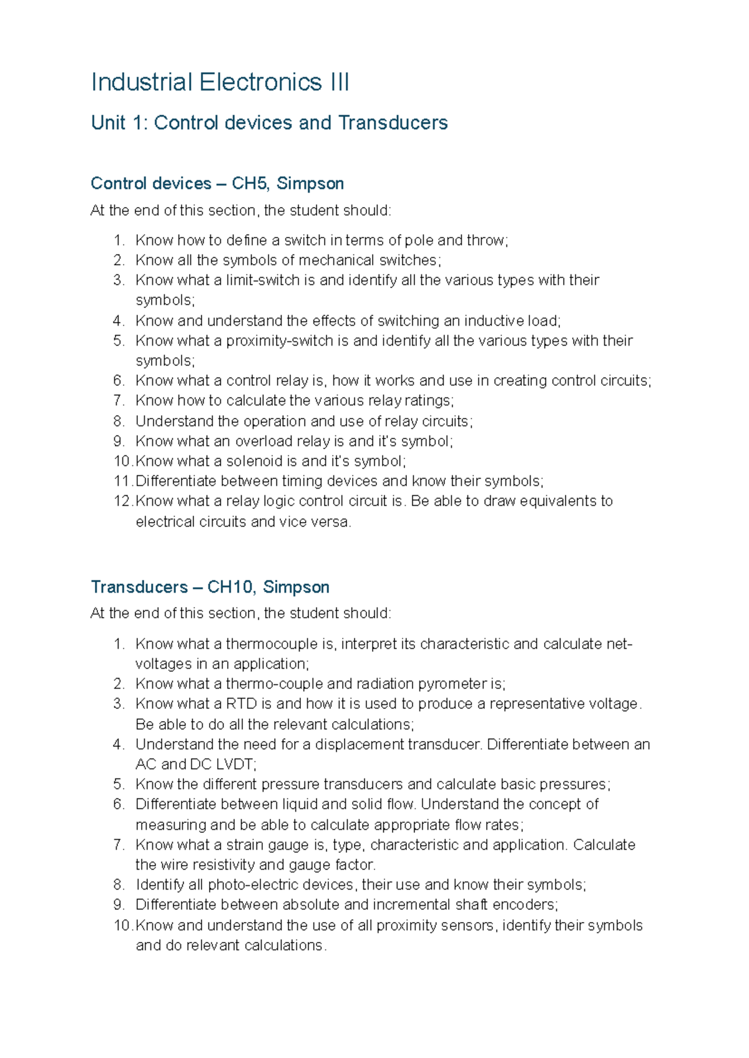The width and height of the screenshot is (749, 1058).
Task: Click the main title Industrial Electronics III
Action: click(x=220, y=82)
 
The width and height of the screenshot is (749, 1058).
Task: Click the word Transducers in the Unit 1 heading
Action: click(x=393, y=123)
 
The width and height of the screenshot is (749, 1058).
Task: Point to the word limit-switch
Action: click(x=263, y=280)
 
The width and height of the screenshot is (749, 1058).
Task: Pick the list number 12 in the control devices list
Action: click(x=122, y=501)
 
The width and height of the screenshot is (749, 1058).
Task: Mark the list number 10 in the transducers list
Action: click(x=122, y=925)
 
